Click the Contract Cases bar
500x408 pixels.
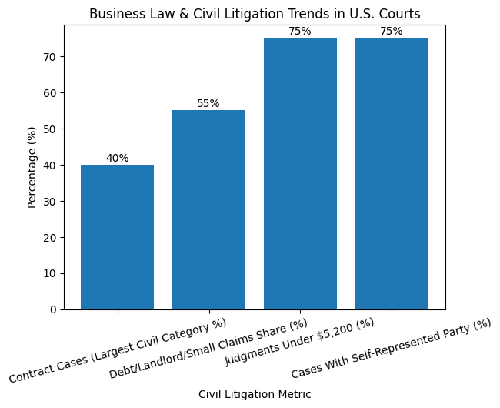[117, 237]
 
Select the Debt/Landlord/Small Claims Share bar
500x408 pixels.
[208, 209]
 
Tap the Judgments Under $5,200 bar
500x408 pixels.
[300, 174]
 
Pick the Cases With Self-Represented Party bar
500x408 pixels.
[391, 174]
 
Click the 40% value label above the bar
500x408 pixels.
[117, 158]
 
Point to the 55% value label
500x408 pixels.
[208, 103]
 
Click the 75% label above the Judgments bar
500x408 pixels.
[300, 32]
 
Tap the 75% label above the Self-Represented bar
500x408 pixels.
[391, 32]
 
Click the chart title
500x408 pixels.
[255, 14]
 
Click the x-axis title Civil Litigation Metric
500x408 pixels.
[255, 394]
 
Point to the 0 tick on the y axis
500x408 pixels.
[53, 309]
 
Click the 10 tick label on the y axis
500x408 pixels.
[50, 273]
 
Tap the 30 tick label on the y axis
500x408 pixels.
[50, 202]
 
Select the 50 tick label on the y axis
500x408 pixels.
[50, 129]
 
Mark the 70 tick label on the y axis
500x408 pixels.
[50, 57]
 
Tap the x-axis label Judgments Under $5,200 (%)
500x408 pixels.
[298, 342]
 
